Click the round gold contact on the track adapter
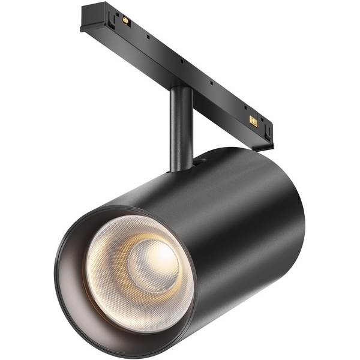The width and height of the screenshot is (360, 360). [126, 20]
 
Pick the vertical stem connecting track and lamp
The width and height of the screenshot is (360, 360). [181, 126]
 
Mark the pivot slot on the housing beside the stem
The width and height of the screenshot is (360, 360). [198, 160]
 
